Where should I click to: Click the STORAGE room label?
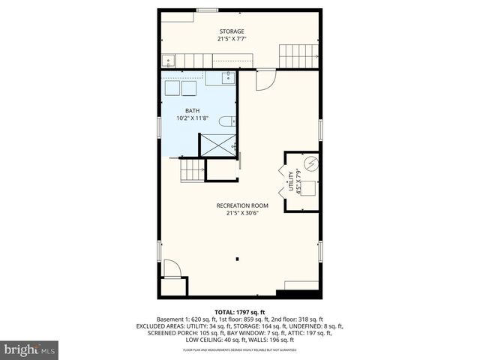point(231,31)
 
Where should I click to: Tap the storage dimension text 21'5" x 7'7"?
point(231,39)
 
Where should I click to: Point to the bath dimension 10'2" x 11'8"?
point(183,118)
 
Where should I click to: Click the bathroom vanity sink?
point(228,77)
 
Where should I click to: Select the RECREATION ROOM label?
point(242,205)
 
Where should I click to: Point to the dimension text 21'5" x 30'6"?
point(242,213)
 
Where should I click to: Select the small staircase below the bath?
point(193,170)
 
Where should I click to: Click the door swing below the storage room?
point(265,81)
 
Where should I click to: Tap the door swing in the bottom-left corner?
point(172,268)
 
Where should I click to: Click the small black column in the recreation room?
point(237,259)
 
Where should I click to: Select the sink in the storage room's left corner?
point(169,61)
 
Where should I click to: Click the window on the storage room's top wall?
point(207,10)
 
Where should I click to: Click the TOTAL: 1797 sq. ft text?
point(239,312)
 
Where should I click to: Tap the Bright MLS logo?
point(30,349)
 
